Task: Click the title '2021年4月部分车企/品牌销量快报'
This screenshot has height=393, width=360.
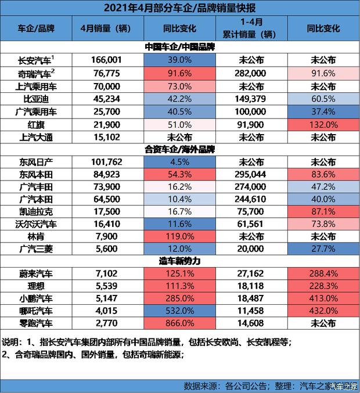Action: tap(180, 8)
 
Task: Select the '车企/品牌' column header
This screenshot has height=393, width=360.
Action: tap(35, 28)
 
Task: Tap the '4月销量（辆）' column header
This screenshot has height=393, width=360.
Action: tap(107, 28)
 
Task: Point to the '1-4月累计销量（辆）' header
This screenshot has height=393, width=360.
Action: tap(251, 28)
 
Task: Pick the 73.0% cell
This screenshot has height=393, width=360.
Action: tap(179, 86)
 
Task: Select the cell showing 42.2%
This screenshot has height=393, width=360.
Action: tap(179, 99)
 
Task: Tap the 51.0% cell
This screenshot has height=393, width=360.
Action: tap(179, 124)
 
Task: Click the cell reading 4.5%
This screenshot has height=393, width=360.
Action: tap(179, 162)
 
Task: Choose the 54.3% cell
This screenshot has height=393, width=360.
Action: tap(179, 175)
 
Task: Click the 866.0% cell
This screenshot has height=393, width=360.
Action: tap(179, 323)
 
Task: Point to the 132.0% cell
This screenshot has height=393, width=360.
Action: tap(323, 124)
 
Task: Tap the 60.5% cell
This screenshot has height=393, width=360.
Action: tap(323, 99)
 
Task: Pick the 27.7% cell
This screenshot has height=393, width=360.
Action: tap(323, 249)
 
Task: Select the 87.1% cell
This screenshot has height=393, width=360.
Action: tap(323, 212)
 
